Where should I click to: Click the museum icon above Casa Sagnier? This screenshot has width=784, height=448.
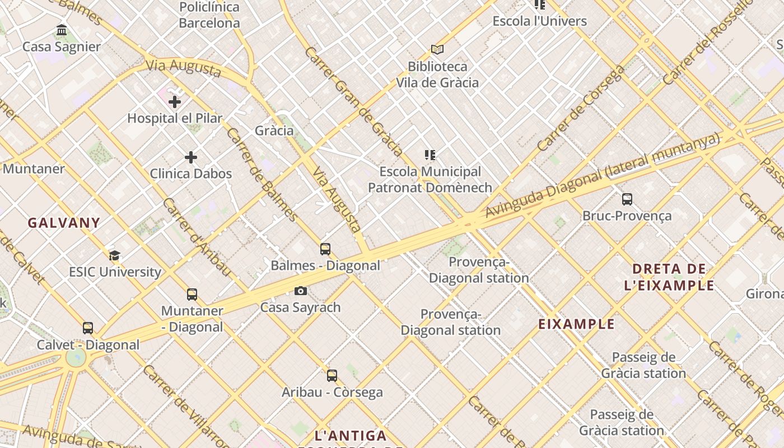coord(62,30)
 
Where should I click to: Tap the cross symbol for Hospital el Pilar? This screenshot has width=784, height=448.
coord(175,102)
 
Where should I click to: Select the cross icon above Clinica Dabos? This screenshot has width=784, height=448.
coord(191,157)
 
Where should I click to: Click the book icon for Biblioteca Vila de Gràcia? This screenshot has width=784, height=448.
coord(437,50)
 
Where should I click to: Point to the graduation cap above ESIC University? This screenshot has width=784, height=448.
coord(115,256)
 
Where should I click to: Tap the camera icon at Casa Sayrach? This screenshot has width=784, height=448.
coord(301,291)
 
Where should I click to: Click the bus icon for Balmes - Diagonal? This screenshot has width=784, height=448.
coord(325,249)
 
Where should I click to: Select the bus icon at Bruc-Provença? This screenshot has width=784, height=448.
coord(627,199)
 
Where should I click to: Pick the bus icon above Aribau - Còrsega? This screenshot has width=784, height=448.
coord(332,376)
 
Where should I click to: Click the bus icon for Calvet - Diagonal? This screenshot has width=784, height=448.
coord(88,328)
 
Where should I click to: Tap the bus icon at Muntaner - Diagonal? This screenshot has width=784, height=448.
coord(192,295)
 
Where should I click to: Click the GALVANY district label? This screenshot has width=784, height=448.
coord(64,223)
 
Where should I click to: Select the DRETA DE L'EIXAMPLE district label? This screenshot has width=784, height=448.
coord(669,277)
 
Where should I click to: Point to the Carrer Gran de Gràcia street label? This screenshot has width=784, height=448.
coord(354,101)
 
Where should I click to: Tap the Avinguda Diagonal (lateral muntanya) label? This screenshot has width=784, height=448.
coord(602,175)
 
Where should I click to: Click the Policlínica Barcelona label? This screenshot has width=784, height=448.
coord(209,15)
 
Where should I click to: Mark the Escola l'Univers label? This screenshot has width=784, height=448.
coord(539,21)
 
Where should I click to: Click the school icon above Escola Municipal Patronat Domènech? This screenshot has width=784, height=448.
coord(430,155)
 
